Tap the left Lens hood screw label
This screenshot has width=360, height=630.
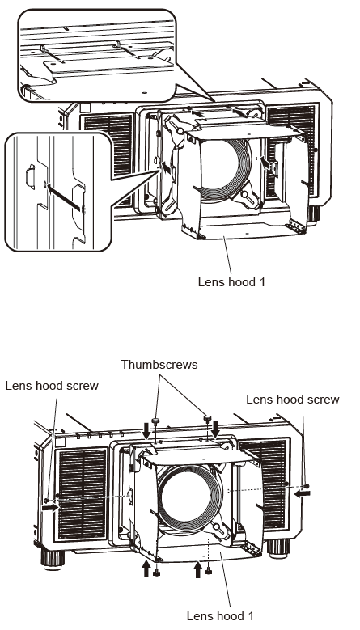point(51,386)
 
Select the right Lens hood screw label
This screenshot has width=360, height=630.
point(292,399)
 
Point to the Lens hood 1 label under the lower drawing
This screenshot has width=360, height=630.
point(219,615)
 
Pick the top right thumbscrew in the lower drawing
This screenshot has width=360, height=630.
point(209,417)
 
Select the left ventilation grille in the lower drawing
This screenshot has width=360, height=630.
point(83,495)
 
